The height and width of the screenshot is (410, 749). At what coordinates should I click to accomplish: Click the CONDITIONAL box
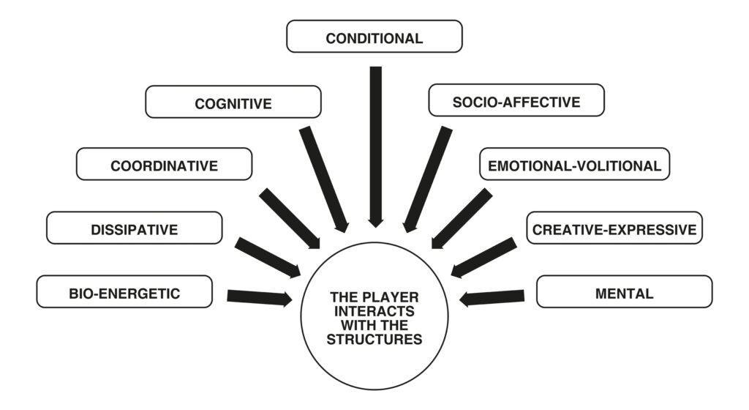(x=374, y=37)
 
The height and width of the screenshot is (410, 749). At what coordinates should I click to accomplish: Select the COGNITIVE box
(x=233, y=102)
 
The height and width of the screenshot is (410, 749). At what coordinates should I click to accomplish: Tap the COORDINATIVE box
(x=164, y=165)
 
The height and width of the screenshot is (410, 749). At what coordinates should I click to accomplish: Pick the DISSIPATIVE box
(x=134, y=228)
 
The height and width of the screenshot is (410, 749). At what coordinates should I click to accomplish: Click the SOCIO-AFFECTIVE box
(x=516, y=101)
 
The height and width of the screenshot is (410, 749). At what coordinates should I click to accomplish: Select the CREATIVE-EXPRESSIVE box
(x=614, y=228)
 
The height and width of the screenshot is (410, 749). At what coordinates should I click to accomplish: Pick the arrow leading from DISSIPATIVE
(x=266, y=257)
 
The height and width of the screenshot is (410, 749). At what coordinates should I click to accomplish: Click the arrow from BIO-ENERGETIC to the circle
(x=259, y=297)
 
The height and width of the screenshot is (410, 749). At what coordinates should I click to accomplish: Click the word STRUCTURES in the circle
(x=374, y=340)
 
